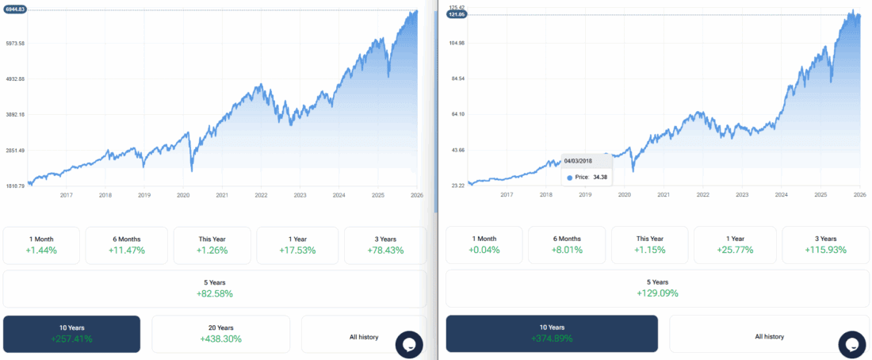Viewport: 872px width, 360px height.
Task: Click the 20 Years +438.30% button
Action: click(x=220, y=333)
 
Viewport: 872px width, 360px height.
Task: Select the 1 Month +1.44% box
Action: click(x=41, y=244)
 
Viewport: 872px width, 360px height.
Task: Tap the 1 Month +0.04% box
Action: click(x=484, y=244)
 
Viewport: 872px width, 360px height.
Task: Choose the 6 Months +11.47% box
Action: click(x=127, y=244)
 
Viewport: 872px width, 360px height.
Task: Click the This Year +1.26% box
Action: click(x=212, y=244)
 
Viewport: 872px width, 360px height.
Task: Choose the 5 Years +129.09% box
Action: click(x=656, y=288)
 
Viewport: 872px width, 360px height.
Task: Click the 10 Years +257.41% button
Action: click(x=71, y=333)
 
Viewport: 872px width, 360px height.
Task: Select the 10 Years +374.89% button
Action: click(x=552, y=333)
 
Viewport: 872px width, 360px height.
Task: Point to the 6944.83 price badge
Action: click(x=16, y=9)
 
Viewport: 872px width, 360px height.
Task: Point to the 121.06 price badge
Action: click(x=456, y=15)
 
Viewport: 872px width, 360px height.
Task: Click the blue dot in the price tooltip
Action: click(x=570, y=178)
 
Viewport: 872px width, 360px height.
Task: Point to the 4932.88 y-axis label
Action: click(x=16, y=79)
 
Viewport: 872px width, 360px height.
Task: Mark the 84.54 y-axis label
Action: click(x=456, y=79)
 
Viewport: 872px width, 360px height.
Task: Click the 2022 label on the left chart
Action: click(x=261, y=195)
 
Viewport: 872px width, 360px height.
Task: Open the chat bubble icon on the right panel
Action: click(x=852, y=344)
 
